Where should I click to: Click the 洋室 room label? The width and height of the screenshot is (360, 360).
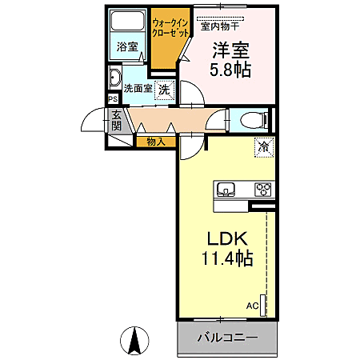point(231,49)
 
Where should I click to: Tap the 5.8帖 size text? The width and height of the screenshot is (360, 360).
point(231,70)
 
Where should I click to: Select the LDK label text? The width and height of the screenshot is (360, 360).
point(225,238)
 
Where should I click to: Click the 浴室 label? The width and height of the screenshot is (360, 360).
point(125,47)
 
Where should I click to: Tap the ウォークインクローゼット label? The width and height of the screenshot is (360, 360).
point(170,29)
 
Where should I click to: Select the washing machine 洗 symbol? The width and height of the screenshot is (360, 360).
point(164,90)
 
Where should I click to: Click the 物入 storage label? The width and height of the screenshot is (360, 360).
point(156,142)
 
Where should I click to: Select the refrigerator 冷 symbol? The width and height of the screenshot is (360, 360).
point(262,146)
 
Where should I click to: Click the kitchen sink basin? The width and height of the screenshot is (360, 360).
point(226,190)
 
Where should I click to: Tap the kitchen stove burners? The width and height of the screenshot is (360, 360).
point(263,190)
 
